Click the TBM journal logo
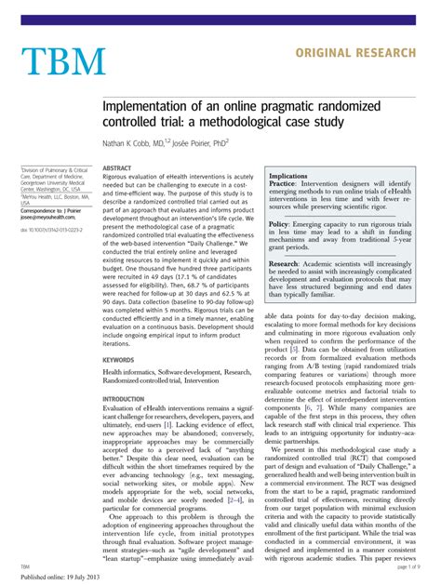click(63, 61)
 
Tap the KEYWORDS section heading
click(118, 332)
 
